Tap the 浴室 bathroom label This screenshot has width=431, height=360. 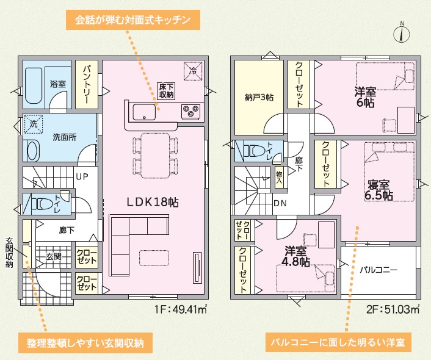click(x=58, y=84)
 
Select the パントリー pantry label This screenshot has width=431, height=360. click(x=86, y=84)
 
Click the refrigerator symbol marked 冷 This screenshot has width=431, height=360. click(x=194, y=71)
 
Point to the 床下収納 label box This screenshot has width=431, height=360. click(x=166, y=92)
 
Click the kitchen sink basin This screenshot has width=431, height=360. click(x=144, y=112)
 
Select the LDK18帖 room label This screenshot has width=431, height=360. click(x=153, y=203)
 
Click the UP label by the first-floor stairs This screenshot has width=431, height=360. click(x=82, y=177)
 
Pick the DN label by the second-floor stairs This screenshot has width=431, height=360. click(x=280, y=203)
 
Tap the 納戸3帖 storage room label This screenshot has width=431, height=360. click(x=259, y=97)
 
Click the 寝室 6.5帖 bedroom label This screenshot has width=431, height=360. click(x=378, y=190)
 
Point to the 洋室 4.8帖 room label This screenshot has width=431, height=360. click(x=295, y=256)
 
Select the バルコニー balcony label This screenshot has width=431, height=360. click(x=378, y=270)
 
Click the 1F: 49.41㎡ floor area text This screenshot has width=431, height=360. click(x=181, y=310)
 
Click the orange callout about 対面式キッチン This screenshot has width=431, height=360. click(x=132, y=20)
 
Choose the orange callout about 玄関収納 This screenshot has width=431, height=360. click(x=85, y=343)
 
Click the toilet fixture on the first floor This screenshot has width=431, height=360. click(x=43, y=204)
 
